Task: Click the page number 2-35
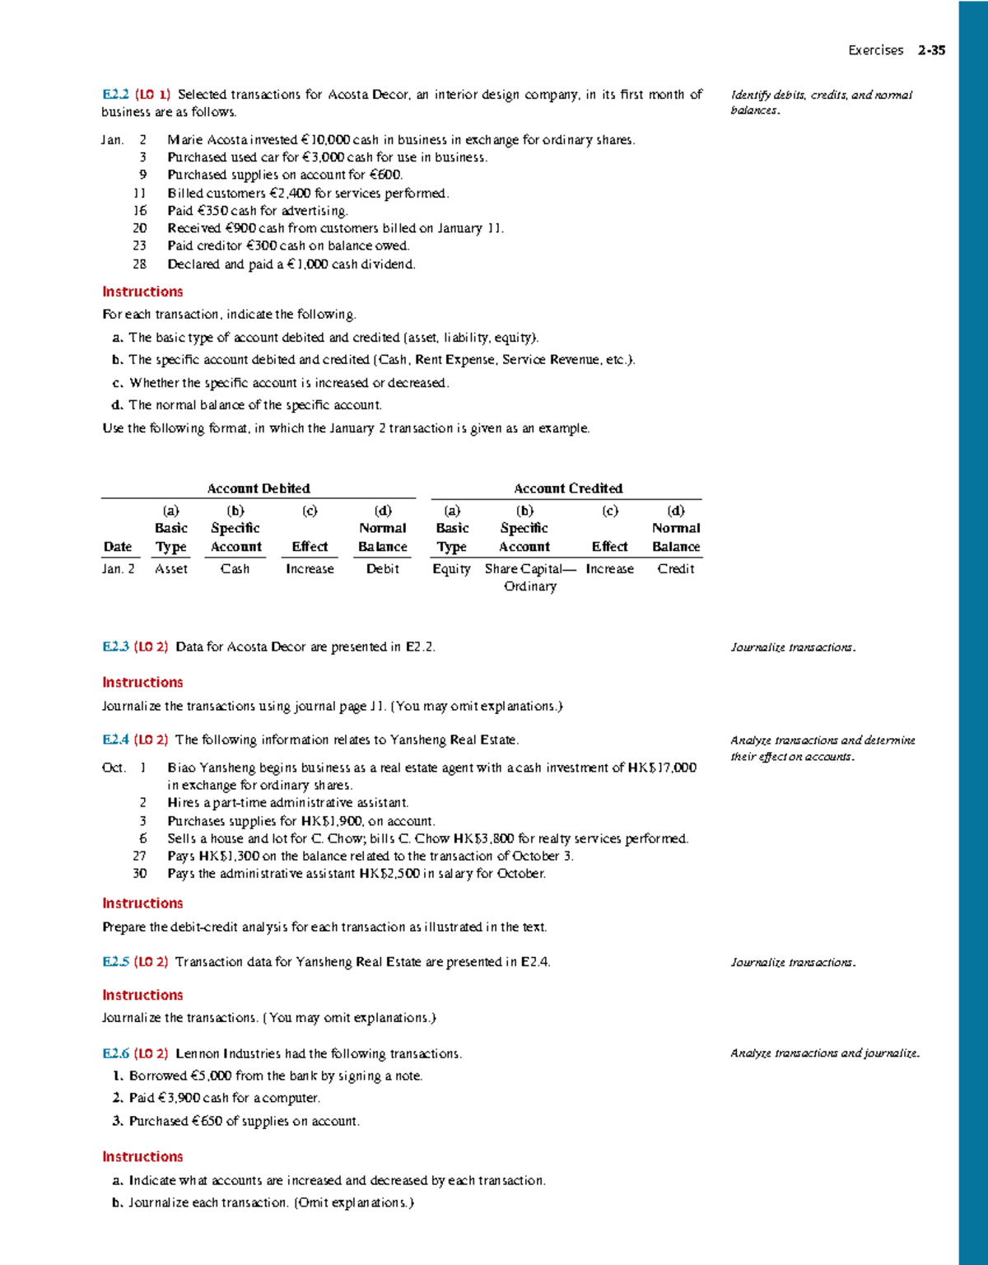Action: pos(932,50)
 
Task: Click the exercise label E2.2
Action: pos(115,95)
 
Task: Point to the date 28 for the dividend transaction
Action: pos(140,264)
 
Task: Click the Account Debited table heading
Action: pos(259,488)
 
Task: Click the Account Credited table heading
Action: pos(568,488)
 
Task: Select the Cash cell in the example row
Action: pos(235,569)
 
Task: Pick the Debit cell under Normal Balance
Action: pos(383,569)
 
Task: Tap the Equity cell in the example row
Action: pos(451,569)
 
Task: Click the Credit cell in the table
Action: pos(676,569)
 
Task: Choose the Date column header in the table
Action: pos(118,547)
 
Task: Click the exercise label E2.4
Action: pos(115,740)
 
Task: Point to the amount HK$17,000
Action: pos(662,768)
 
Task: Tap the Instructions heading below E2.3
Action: pos(142,682)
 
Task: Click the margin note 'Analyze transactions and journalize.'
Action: pos(825,1053)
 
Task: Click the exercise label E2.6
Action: pos(115,1053)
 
